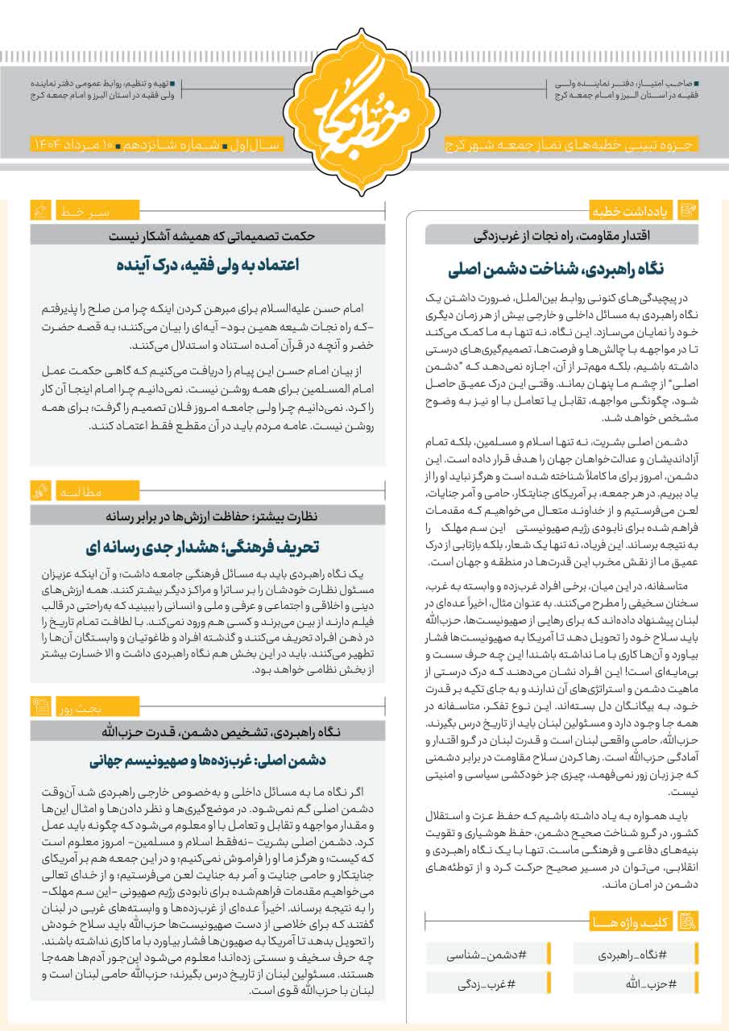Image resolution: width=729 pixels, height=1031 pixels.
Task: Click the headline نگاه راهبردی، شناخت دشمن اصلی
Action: [x=561, y=269]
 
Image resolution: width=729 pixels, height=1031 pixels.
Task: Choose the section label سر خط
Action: [x=85, y=212]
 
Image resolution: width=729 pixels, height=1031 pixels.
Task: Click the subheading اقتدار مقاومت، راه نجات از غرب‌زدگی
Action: [x=561, y=235]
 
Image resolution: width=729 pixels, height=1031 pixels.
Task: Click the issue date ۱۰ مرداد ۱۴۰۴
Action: [x=73, y=143]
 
